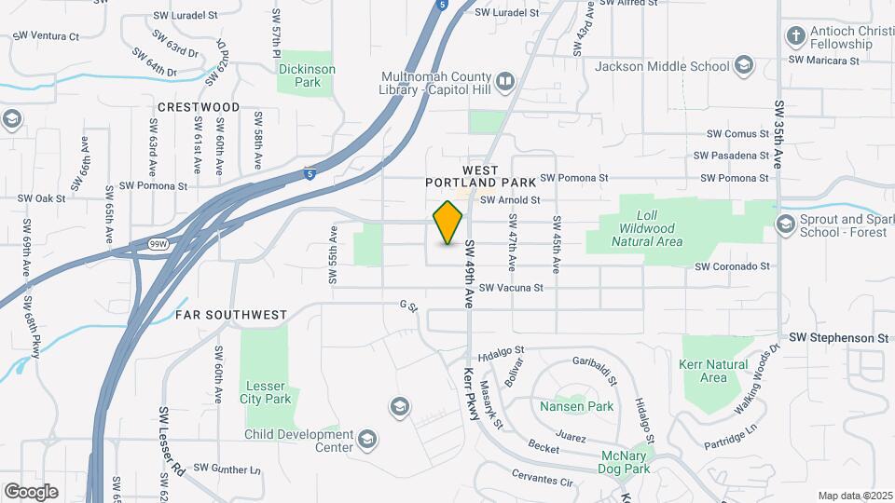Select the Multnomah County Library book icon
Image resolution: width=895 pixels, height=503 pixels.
[504, 82]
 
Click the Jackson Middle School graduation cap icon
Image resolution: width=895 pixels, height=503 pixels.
[744, 65]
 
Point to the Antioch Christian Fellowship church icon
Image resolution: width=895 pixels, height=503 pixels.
[795, 36]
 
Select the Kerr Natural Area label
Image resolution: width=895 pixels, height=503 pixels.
[713, 371]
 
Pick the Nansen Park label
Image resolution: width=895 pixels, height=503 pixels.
[576, 406]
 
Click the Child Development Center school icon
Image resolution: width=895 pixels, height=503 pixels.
[367, 438]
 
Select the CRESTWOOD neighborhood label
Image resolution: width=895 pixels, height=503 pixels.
[199, 107]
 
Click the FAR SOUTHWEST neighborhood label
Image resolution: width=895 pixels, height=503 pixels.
[231, 315]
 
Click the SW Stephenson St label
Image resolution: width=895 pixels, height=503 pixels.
[838, 337]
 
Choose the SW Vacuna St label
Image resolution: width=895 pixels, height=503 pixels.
[511, 289]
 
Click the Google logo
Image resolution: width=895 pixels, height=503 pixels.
[32, 491]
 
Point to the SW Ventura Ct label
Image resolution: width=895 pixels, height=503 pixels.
[46, 35]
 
